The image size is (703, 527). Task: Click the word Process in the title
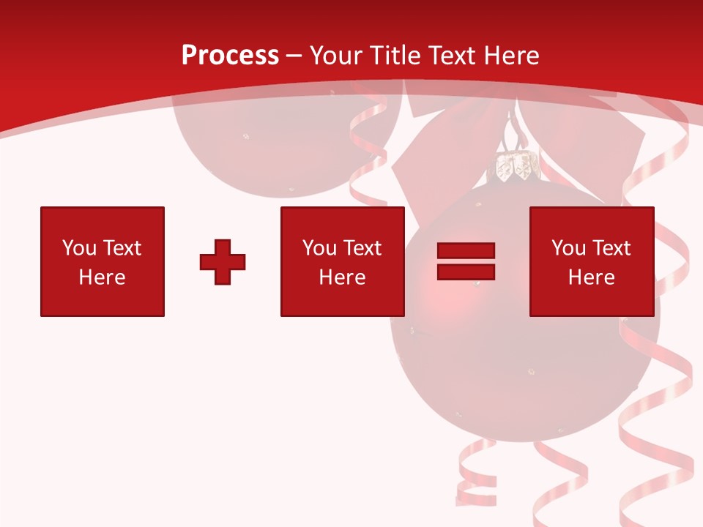pyautogui.click(x=230, y=56)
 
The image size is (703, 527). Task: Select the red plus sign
pyautogui.click(x=223, y=262)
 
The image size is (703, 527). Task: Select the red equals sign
pyautogui.click(x=466, y=261)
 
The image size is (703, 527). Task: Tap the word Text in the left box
pyautogui.click(x=122, y=248)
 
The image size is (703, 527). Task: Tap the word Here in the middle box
pyautogui.click(x=342, y=277)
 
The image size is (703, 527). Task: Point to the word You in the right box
pyautogui.click(x=568, y=248)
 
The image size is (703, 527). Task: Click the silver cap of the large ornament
pyautogui.click(x=516, y=167)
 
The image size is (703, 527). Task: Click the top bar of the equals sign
pyautogui.click(x=466, y=251)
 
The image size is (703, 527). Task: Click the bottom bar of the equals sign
pyautogui.click(x=466, y=272)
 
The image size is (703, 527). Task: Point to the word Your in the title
pyautogui.click(x=337, y=56)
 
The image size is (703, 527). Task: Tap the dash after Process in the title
pyautogui.click(x=294, y=56)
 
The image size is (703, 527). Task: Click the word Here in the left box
pyautogui.click(x=103, y=277)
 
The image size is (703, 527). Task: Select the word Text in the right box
pyautogui.click(x=611, y=248)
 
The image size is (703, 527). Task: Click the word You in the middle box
pyautogui.click(x=319, y=248)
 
